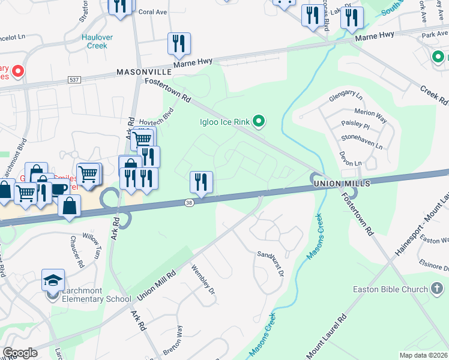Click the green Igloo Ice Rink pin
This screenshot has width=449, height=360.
(259, 122)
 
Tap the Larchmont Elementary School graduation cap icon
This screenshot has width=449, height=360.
(53, 280)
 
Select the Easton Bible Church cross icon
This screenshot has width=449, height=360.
(439, 289)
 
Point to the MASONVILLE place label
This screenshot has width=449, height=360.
(144, 71)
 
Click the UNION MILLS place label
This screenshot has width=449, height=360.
(337, 182)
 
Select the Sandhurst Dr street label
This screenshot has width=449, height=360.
(270, 263)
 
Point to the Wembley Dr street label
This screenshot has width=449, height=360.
(203, 280)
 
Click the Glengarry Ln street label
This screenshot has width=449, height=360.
(346, 97)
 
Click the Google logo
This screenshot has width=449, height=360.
(20, 352)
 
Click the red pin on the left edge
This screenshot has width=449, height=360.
(17, 73)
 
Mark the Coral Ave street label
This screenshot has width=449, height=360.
(152, 11)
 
